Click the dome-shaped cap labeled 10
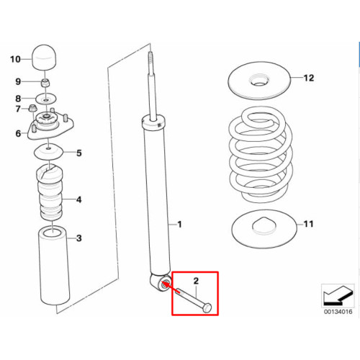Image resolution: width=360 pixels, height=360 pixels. [45, 57]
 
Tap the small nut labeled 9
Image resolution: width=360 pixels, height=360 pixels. [45, 83]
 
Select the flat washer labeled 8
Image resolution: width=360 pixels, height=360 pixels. [46, 99]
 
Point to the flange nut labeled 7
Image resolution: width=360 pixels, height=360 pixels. [32, 108]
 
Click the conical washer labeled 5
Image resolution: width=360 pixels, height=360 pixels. [49, 152]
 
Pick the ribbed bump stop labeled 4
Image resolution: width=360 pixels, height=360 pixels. [50, 192]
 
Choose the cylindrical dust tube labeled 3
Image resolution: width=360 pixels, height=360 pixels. [55, 266]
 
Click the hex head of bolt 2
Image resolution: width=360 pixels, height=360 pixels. [207, 308]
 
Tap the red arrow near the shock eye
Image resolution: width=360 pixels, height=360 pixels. [171, 288]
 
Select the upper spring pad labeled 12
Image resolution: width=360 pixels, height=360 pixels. [259, 81]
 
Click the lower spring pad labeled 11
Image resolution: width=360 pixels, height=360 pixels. [264, 229]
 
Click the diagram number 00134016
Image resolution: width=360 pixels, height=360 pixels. [338, 312]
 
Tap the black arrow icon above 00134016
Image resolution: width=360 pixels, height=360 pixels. [338, 296]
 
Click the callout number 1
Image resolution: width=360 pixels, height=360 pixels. [179, 225]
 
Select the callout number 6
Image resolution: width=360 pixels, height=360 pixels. [19, 133]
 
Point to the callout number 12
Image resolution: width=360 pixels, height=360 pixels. [309, 78]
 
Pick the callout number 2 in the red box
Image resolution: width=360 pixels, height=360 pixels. [196, 281]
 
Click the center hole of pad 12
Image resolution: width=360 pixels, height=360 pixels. [259, 84]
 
